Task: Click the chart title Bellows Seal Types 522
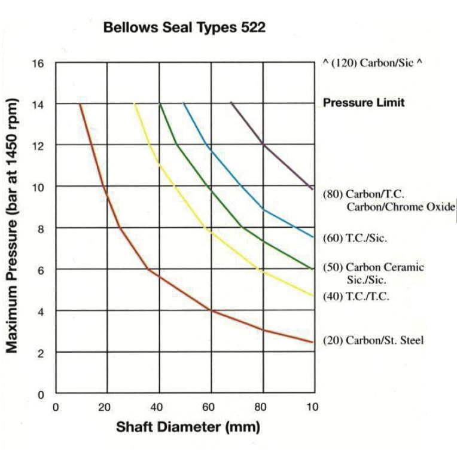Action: (x=184, y=28)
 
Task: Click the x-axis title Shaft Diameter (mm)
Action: (x=188, y=428)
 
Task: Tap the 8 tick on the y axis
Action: (x=39, y=228)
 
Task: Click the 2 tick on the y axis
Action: (x=39, y=353)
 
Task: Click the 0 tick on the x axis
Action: (x=56, y=408)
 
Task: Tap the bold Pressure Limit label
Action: (x=364, y=103)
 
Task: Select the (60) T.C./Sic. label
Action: (x=355, y=238)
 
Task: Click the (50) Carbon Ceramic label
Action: (x=373, y=267)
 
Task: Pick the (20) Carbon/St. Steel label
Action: (x=373, y=340)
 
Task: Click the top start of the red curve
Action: (x=80, y=104)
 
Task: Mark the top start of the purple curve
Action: (x=231, y=103)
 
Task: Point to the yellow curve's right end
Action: (x=313, y=295)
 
